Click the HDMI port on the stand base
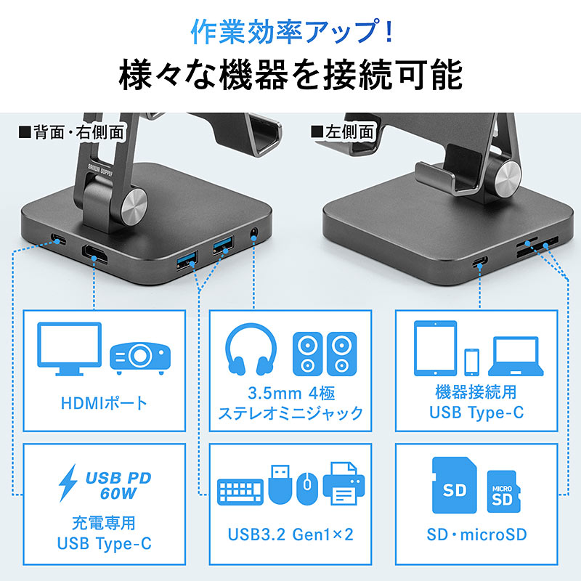[x=95, y=254]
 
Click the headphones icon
[x=251, y=349]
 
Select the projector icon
[x=140, y=358]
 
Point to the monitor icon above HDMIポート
[x=69, y=349]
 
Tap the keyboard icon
[x=240, y=492]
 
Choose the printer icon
[x=344, y=484]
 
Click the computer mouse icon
[x=307, y=488]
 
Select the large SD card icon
[x=455, y=485]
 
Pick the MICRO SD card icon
[x=503, y=492]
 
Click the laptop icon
[x=516, y=357]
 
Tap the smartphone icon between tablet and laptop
[x=471, y=362]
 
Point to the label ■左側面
[x=342, y=132]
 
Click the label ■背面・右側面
[x=71, y=132]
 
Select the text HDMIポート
[x=104, y=403]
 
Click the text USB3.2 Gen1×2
[x=291, y=535]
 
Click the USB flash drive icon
[x=280, y=484]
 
